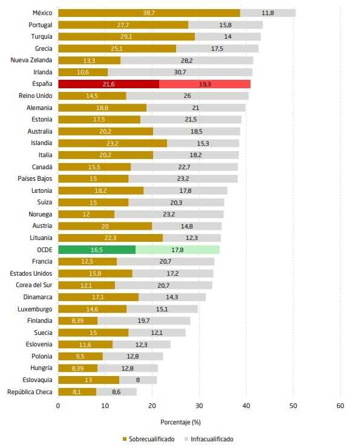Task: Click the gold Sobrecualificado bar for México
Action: point(149,13)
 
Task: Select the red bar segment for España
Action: point(108,84)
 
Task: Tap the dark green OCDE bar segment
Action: point(97,249)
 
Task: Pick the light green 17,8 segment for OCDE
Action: point(177,249)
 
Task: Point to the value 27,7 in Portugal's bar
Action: point(123,25)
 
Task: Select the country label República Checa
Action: point(30,391)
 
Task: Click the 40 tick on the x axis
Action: point(246,406)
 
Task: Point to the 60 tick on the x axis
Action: point(341,406)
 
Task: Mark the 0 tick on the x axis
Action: point(58,406)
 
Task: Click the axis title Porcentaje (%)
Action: point(180,421)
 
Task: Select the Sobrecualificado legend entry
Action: point(147,439)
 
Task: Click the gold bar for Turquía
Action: point(126,37)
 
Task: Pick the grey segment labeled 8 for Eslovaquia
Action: point(138,380)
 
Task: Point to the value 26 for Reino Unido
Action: point(187,96)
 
